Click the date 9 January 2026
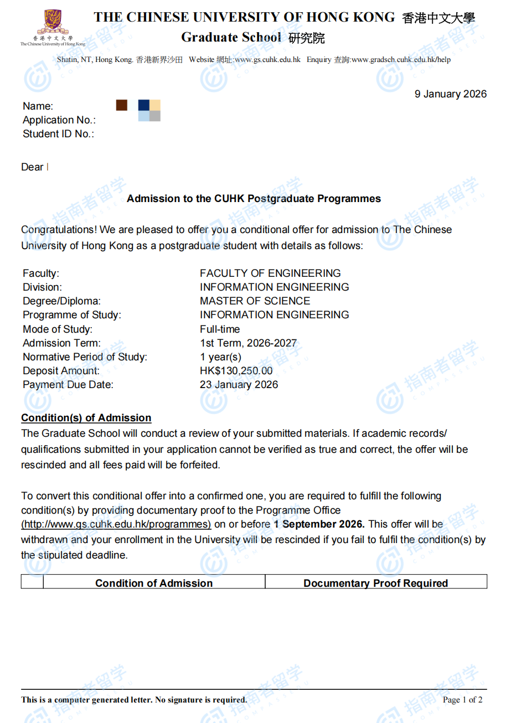451,94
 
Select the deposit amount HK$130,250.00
236,371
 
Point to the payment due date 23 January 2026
239,385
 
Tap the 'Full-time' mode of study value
220,329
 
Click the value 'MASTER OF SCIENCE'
255,301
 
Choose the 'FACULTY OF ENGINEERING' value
270,273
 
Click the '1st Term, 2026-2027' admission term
248,343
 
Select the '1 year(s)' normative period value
220,357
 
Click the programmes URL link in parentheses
116,524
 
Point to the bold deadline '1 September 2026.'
319,524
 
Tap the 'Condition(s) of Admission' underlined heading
86,418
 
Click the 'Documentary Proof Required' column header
376,583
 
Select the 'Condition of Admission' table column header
154,583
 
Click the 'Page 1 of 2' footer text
462,700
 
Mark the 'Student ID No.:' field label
58,134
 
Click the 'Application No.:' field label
59,120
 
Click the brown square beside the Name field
122,105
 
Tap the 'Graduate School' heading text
231,38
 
